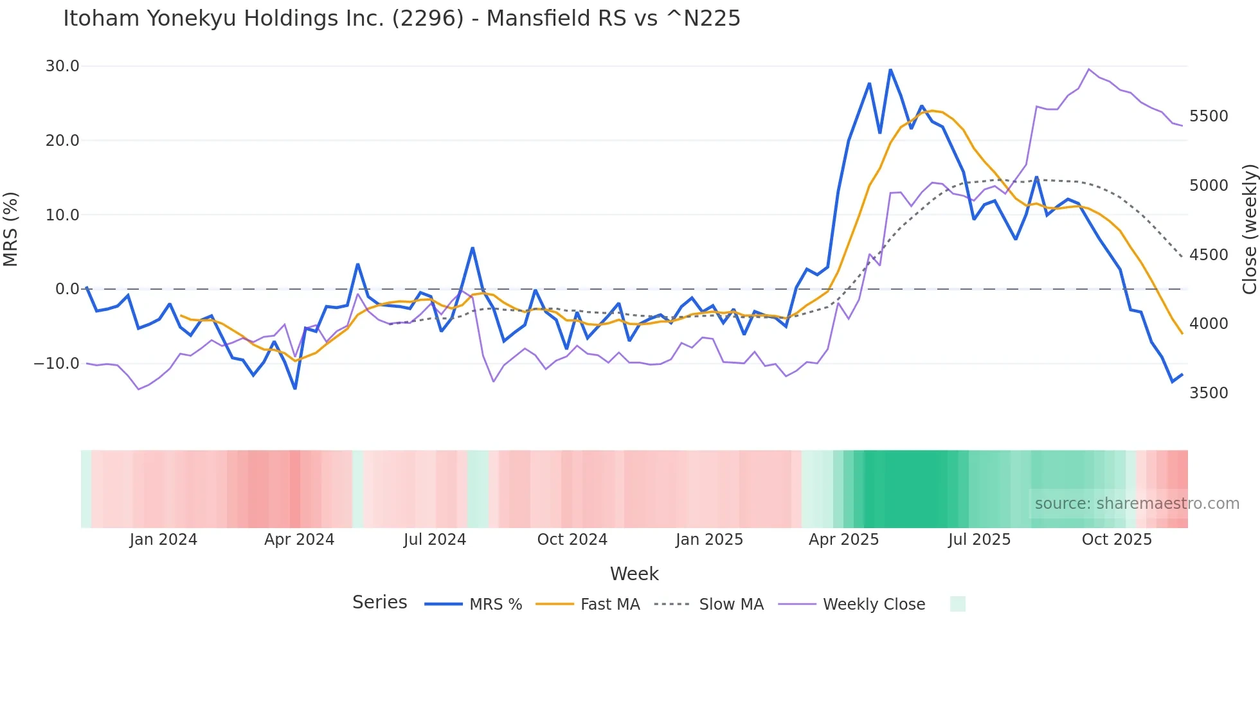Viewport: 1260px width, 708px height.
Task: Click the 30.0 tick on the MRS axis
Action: [62, 66]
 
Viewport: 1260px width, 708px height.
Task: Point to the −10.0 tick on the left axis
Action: [57, 364]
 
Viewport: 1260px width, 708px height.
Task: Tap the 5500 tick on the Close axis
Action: [1209, 116]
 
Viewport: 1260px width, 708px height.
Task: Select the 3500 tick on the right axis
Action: [1209, 393]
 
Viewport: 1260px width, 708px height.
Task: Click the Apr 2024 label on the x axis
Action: [299, 540]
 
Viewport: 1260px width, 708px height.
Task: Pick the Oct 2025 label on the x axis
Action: [1117, 540]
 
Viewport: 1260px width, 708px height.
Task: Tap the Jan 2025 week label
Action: [709, 540]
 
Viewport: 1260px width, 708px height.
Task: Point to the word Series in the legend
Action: [379, 603]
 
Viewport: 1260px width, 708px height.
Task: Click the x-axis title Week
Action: [634, 574]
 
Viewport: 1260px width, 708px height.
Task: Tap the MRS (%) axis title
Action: [11, 229]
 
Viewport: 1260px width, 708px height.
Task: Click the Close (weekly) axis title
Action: [1249, 229]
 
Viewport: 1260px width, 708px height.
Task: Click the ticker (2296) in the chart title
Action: [428, 19]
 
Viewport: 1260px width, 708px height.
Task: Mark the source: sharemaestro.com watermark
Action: [1137, 504]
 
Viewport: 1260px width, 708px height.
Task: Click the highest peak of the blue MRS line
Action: [890, 69]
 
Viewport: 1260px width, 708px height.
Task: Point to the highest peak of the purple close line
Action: [1089, 69]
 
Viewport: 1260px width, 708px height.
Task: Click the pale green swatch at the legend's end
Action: [957, 604]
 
